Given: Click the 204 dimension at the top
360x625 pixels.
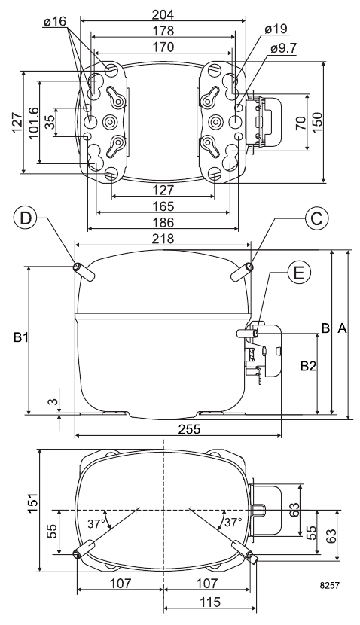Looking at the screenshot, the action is click(163, 14).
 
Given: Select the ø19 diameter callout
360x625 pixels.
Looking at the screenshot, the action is click(275, 29).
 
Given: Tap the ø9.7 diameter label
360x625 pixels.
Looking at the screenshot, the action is click(283, 48).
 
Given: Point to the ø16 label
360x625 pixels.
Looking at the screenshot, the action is click(55, 21).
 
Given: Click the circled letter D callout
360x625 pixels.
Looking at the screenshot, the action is click(26, 219).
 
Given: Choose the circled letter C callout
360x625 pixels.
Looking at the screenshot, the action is click(317, 219).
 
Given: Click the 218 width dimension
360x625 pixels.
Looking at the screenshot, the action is click(163, 239).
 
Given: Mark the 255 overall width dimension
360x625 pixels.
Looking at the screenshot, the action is click(178, 429).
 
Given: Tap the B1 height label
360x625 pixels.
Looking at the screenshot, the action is click(20, 337).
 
